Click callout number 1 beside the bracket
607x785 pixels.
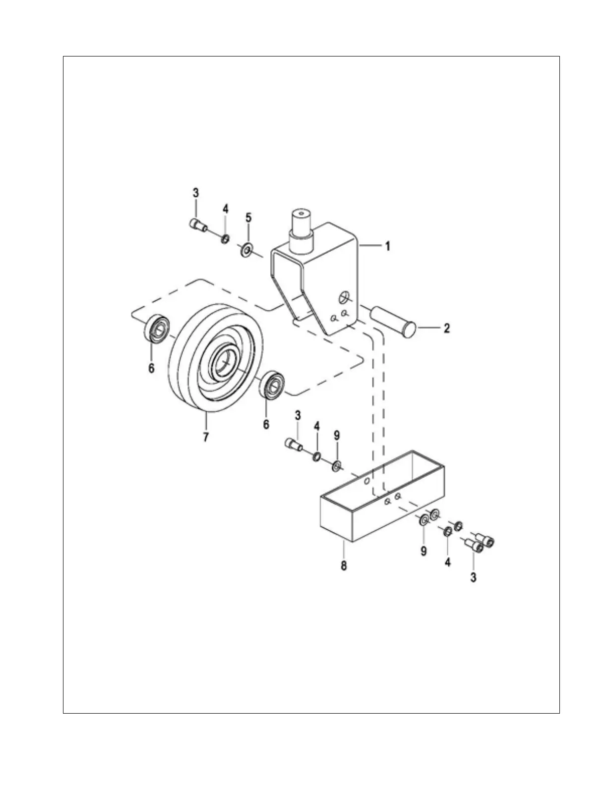388,246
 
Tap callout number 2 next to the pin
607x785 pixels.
447,328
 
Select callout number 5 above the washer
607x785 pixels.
249,218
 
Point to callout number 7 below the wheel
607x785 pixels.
205,437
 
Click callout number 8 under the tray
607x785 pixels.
344,565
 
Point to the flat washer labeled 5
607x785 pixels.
246,250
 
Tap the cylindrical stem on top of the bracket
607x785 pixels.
301,231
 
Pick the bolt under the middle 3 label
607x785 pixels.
294,444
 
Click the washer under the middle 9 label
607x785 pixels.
337,466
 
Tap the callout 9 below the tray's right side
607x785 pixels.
424,551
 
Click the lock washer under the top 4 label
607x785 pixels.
225,239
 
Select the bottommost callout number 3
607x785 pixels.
473,577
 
